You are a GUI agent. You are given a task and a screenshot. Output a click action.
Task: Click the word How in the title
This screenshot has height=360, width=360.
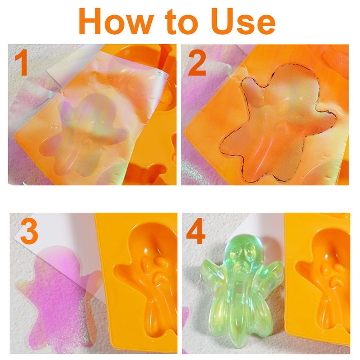coord(116,21)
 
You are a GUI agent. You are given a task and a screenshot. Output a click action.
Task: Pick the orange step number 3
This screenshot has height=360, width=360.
coord(29,233)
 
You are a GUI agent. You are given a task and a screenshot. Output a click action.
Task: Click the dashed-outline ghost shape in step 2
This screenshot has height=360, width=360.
coord(278,124)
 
